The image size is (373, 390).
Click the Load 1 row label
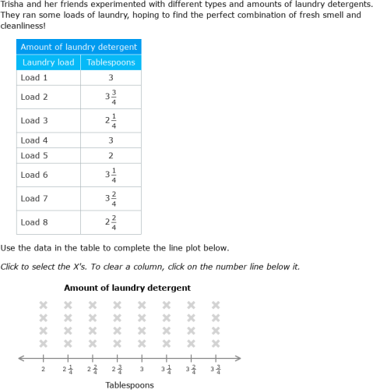34,78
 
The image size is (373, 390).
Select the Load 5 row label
34,156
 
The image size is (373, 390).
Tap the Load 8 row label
34,222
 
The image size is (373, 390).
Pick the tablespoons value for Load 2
111,97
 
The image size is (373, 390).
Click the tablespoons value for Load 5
111,156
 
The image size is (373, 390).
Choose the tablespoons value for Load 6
111,175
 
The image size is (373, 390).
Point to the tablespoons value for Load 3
111,121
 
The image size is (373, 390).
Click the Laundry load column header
48,62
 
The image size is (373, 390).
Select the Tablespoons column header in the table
111,62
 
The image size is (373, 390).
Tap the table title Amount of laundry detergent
79,47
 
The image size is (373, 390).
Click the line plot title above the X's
127,288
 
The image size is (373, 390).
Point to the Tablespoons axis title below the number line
129,385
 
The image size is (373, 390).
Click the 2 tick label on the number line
43,369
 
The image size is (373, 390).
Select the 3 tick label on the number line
142,369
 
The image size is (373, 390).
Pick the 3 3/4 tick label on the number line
216,369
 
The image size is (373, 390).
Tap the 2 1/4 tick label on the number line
68,369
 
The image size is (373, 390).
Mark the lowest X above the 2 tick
43,343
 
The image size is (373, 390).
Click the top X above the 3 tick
142,305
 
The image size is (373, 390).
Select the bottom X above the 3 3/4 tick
216,343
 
